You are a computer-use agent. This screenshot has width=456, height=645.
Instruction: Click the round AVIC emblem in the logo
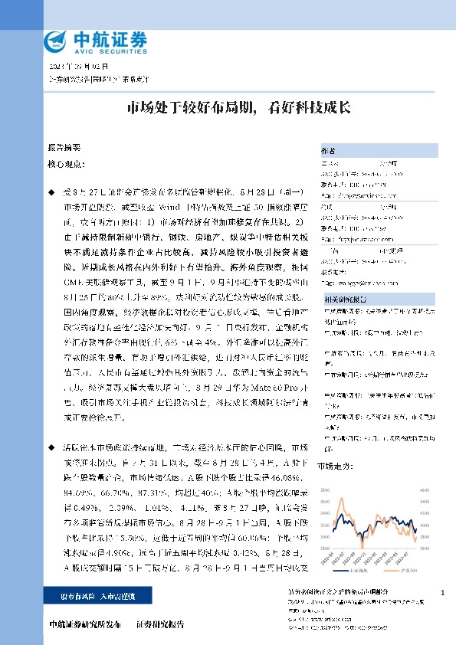pyautogui.click(x=55, y=40)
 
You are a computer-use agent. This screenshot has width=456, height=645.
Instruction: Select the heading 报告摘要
pyautogui.click(x=64, y=147)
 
